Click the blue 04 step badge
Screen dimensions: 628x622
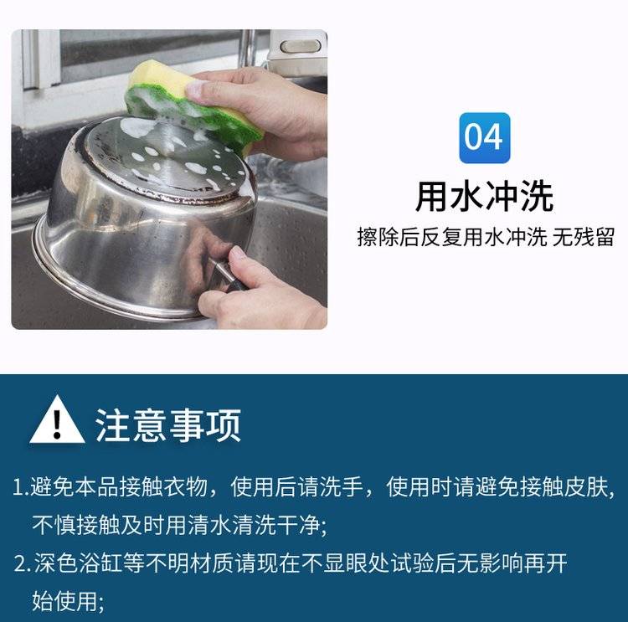(484, 138)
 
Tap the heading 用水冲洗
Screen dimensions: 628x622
(485, 196)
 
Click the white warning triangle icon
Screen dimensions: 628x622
(57, 419)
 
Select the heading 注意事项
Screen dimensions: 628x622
(168, 425)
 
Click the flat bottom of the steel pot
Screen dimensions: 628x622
(168, 160)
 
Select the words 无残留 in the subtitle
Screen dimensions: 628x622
(583, 237)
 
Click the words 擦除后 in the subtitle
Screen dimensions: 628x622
(388, 237)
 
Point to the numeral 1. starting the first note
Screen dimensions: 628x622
(21, 488)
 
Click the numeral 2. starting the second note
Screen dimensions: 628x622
(23, 563)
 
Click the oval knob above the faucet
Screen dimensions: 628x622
(301, 46)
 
